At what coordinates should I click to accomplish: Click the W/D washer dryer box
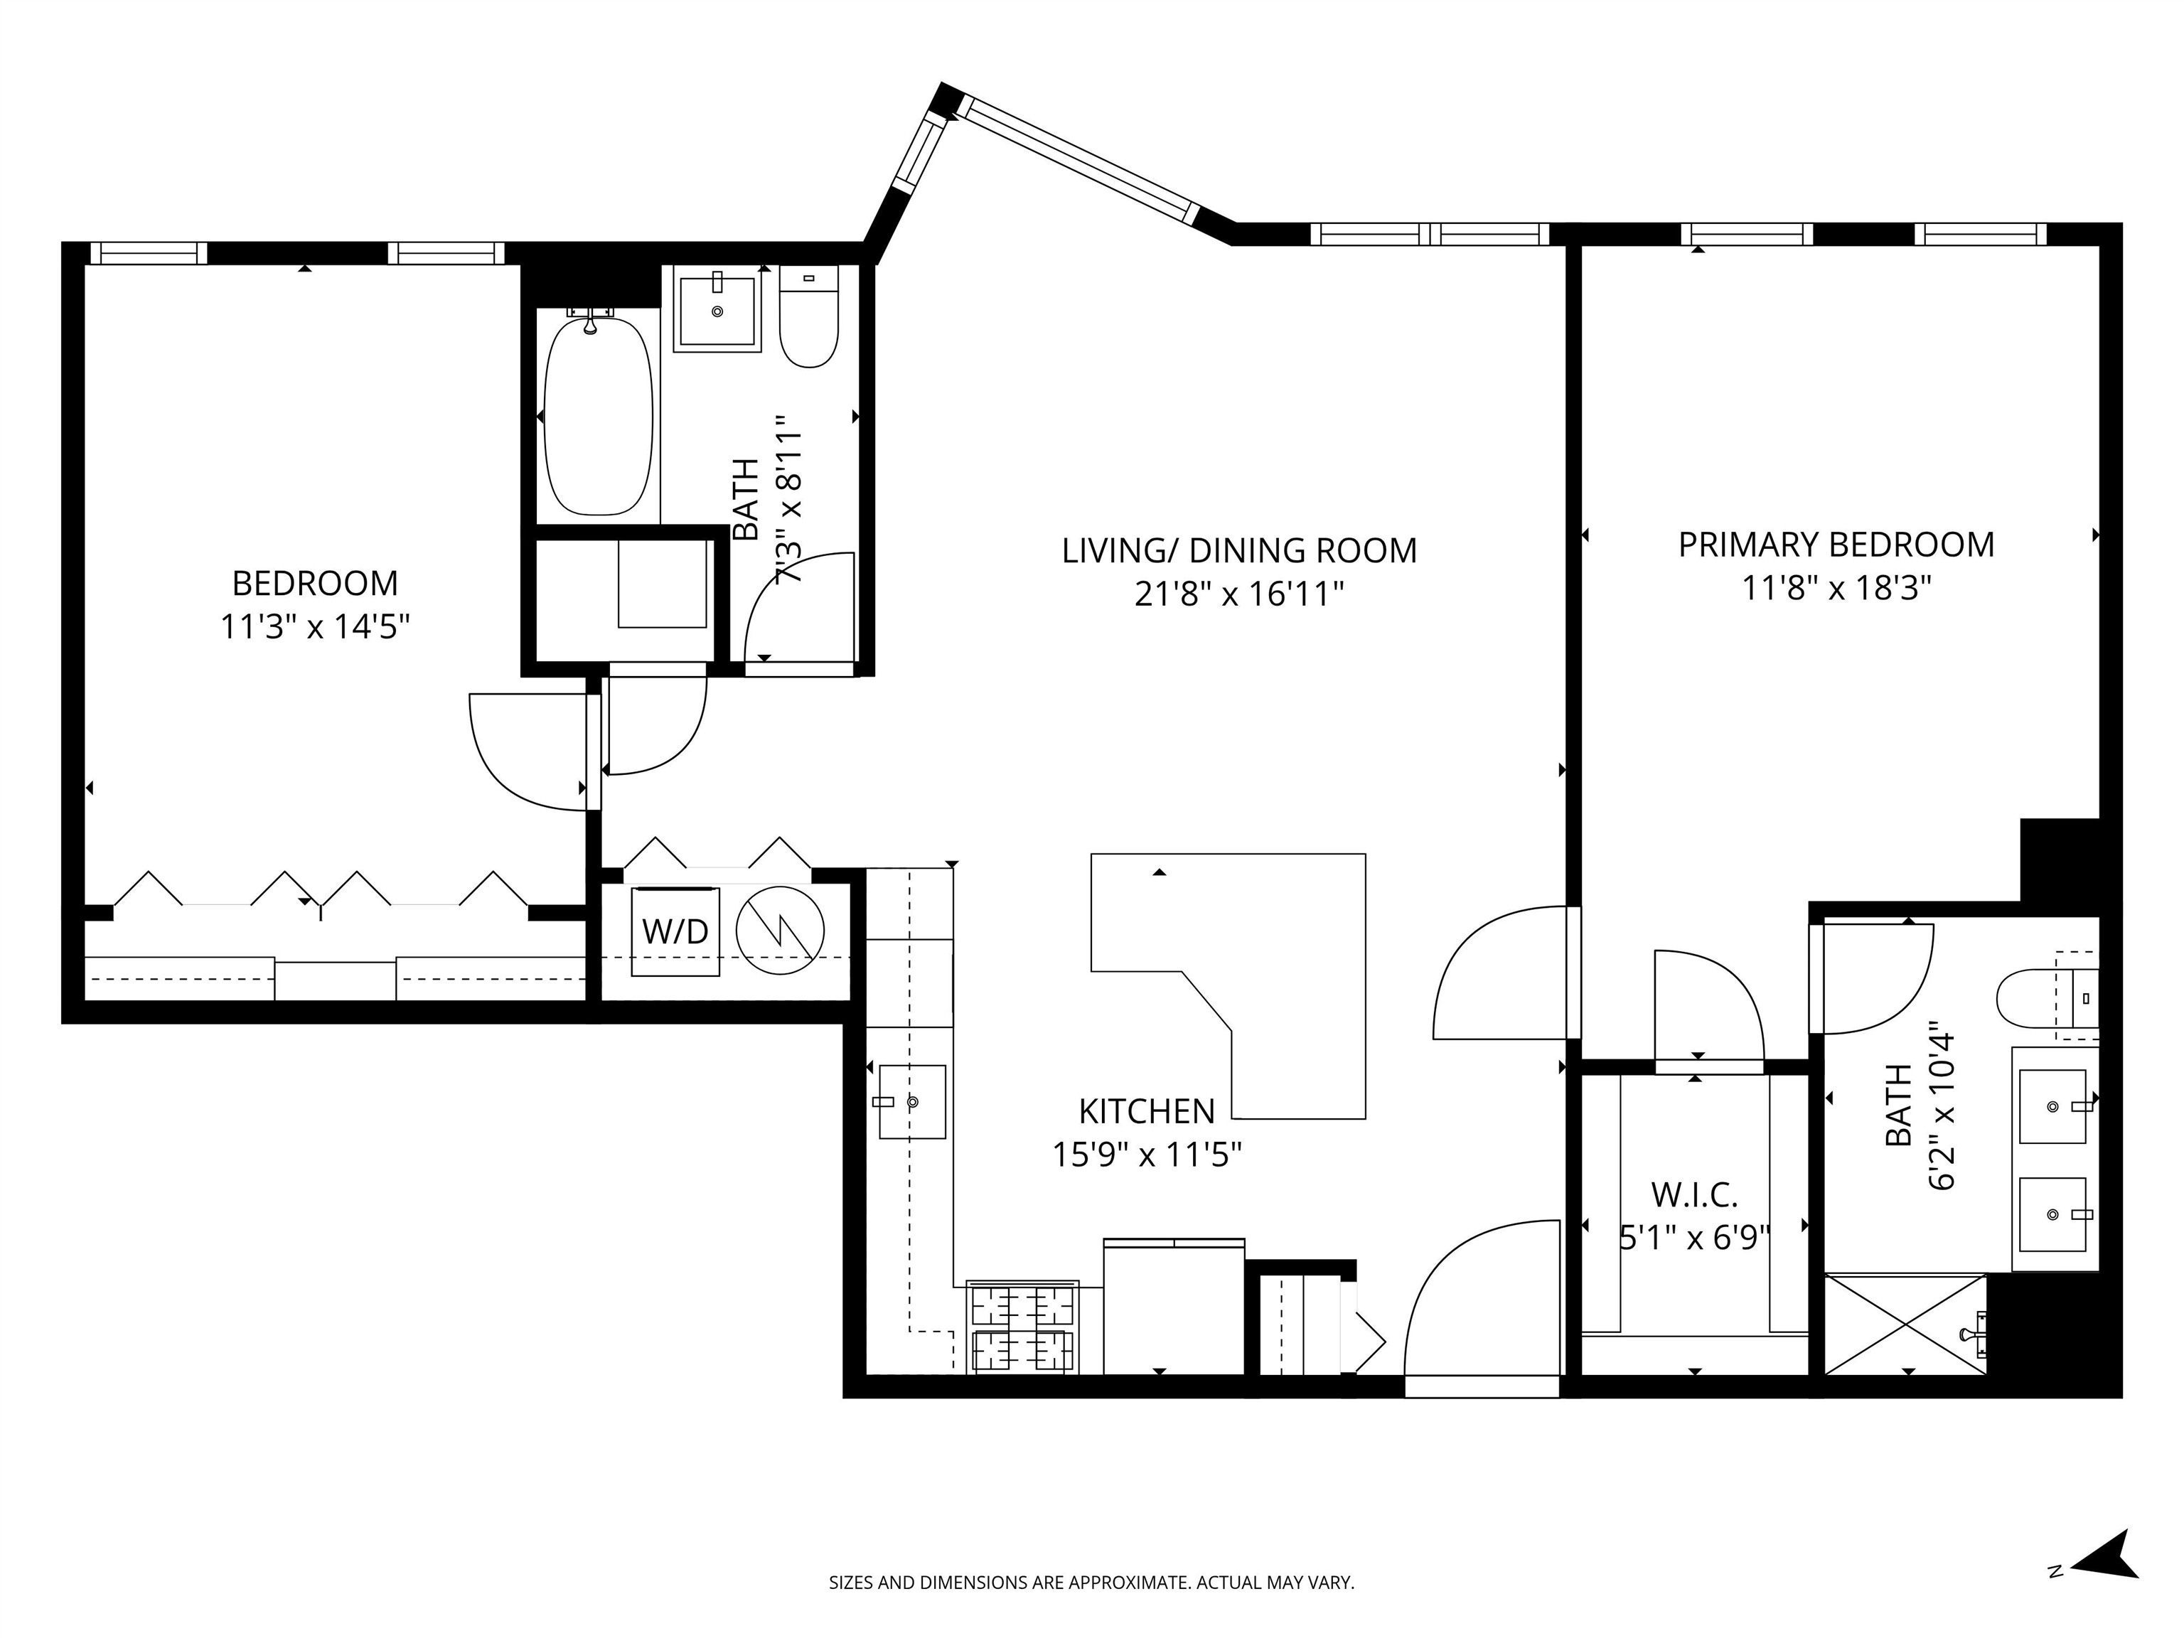coord(675,931)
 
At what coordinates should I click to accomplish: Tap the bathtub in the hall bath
coord(599,416)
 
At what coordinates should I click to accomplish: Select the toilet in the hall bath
coord(808,318)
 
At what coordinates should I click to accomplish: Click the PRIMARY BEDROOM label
coord(1836,545)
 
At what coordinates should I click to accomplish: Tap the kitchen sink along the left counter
coord(912,1101)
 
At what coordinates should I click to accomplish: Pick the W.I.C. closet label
coord(1694,1196)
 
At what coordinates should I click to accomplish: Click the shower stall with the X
coord(1905,1324)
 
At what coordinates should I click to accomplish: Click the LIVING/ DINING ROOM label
coord(1239,550)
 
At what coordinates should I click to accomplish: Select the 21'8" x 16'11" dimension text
coord(1239,594)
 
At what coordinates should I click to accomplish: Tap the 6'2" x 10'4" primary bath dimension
coord(1941,1106)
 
